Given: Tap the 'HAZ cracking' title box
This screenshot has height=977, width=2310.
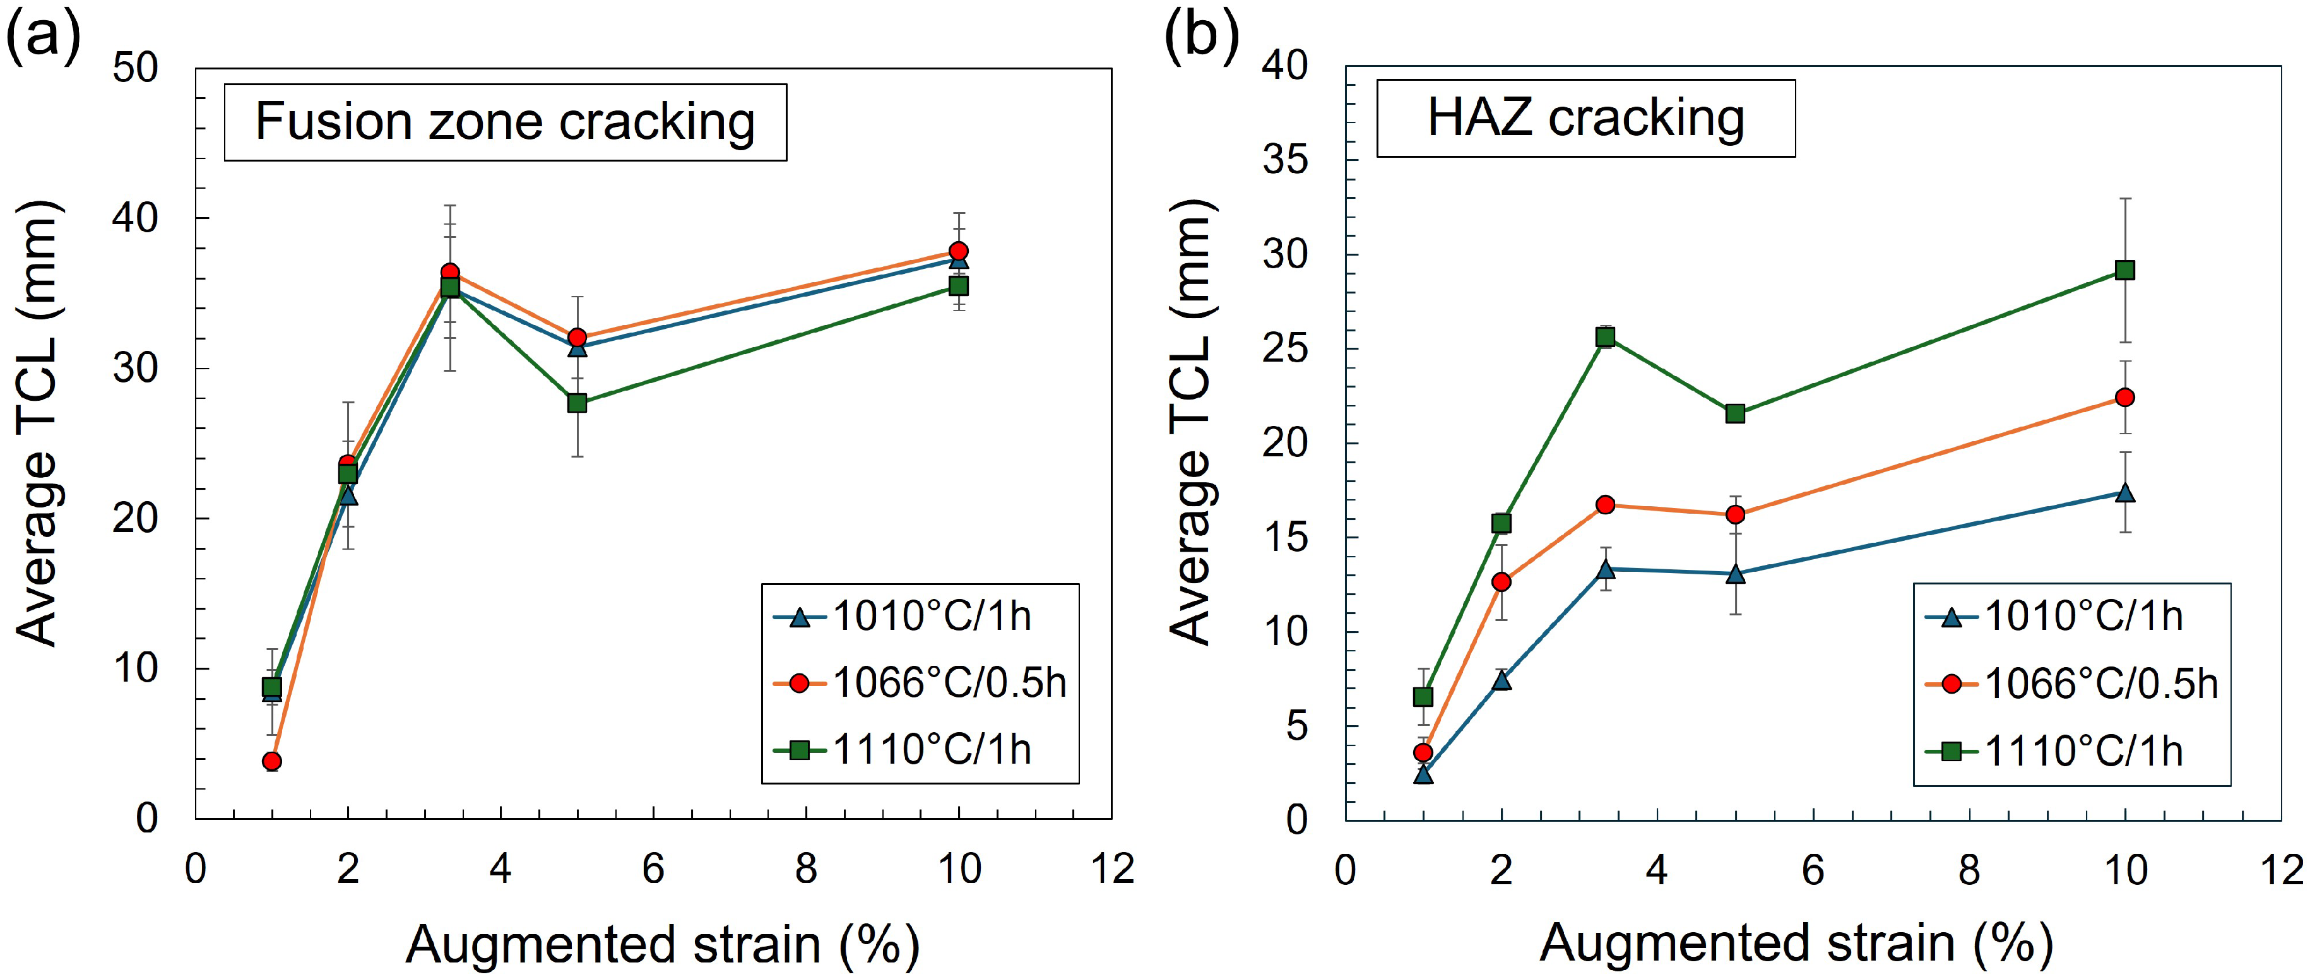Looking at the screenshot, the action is point(1585,118).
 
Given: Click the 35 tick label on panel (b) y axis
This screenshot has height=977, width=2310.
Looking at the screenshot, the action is point(1285,160).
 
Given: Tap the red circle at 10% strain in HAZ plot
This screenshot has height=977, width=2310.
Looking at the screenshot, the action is point(2124,397).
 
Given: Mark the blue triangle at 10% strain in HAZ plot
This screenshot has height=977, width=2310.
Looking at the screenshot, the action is point(2124,492).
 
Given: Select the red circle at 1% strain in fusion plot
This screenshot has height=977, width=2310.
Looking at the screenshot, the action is point(272,761).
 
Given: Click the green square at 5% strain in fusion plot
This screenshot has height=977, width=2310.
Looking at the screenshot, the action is point(577,403).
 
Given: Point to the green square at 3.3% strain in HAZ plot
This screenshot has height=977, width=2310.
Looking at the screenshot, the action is point(1605,337).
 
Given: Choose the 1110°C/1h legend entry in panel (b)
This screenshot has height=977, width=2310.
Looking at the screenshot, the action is point(2054,751).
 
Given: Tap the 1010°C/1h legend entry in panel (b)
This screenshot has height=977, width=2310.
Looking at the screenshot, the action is point(2054,616).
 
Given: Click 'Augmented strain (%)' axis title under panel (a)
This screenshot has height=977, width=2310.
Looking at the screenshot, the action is point(663,945).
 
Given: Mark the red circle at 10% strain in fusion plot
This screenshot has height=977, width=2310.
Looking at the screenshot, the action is point(959,251).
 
